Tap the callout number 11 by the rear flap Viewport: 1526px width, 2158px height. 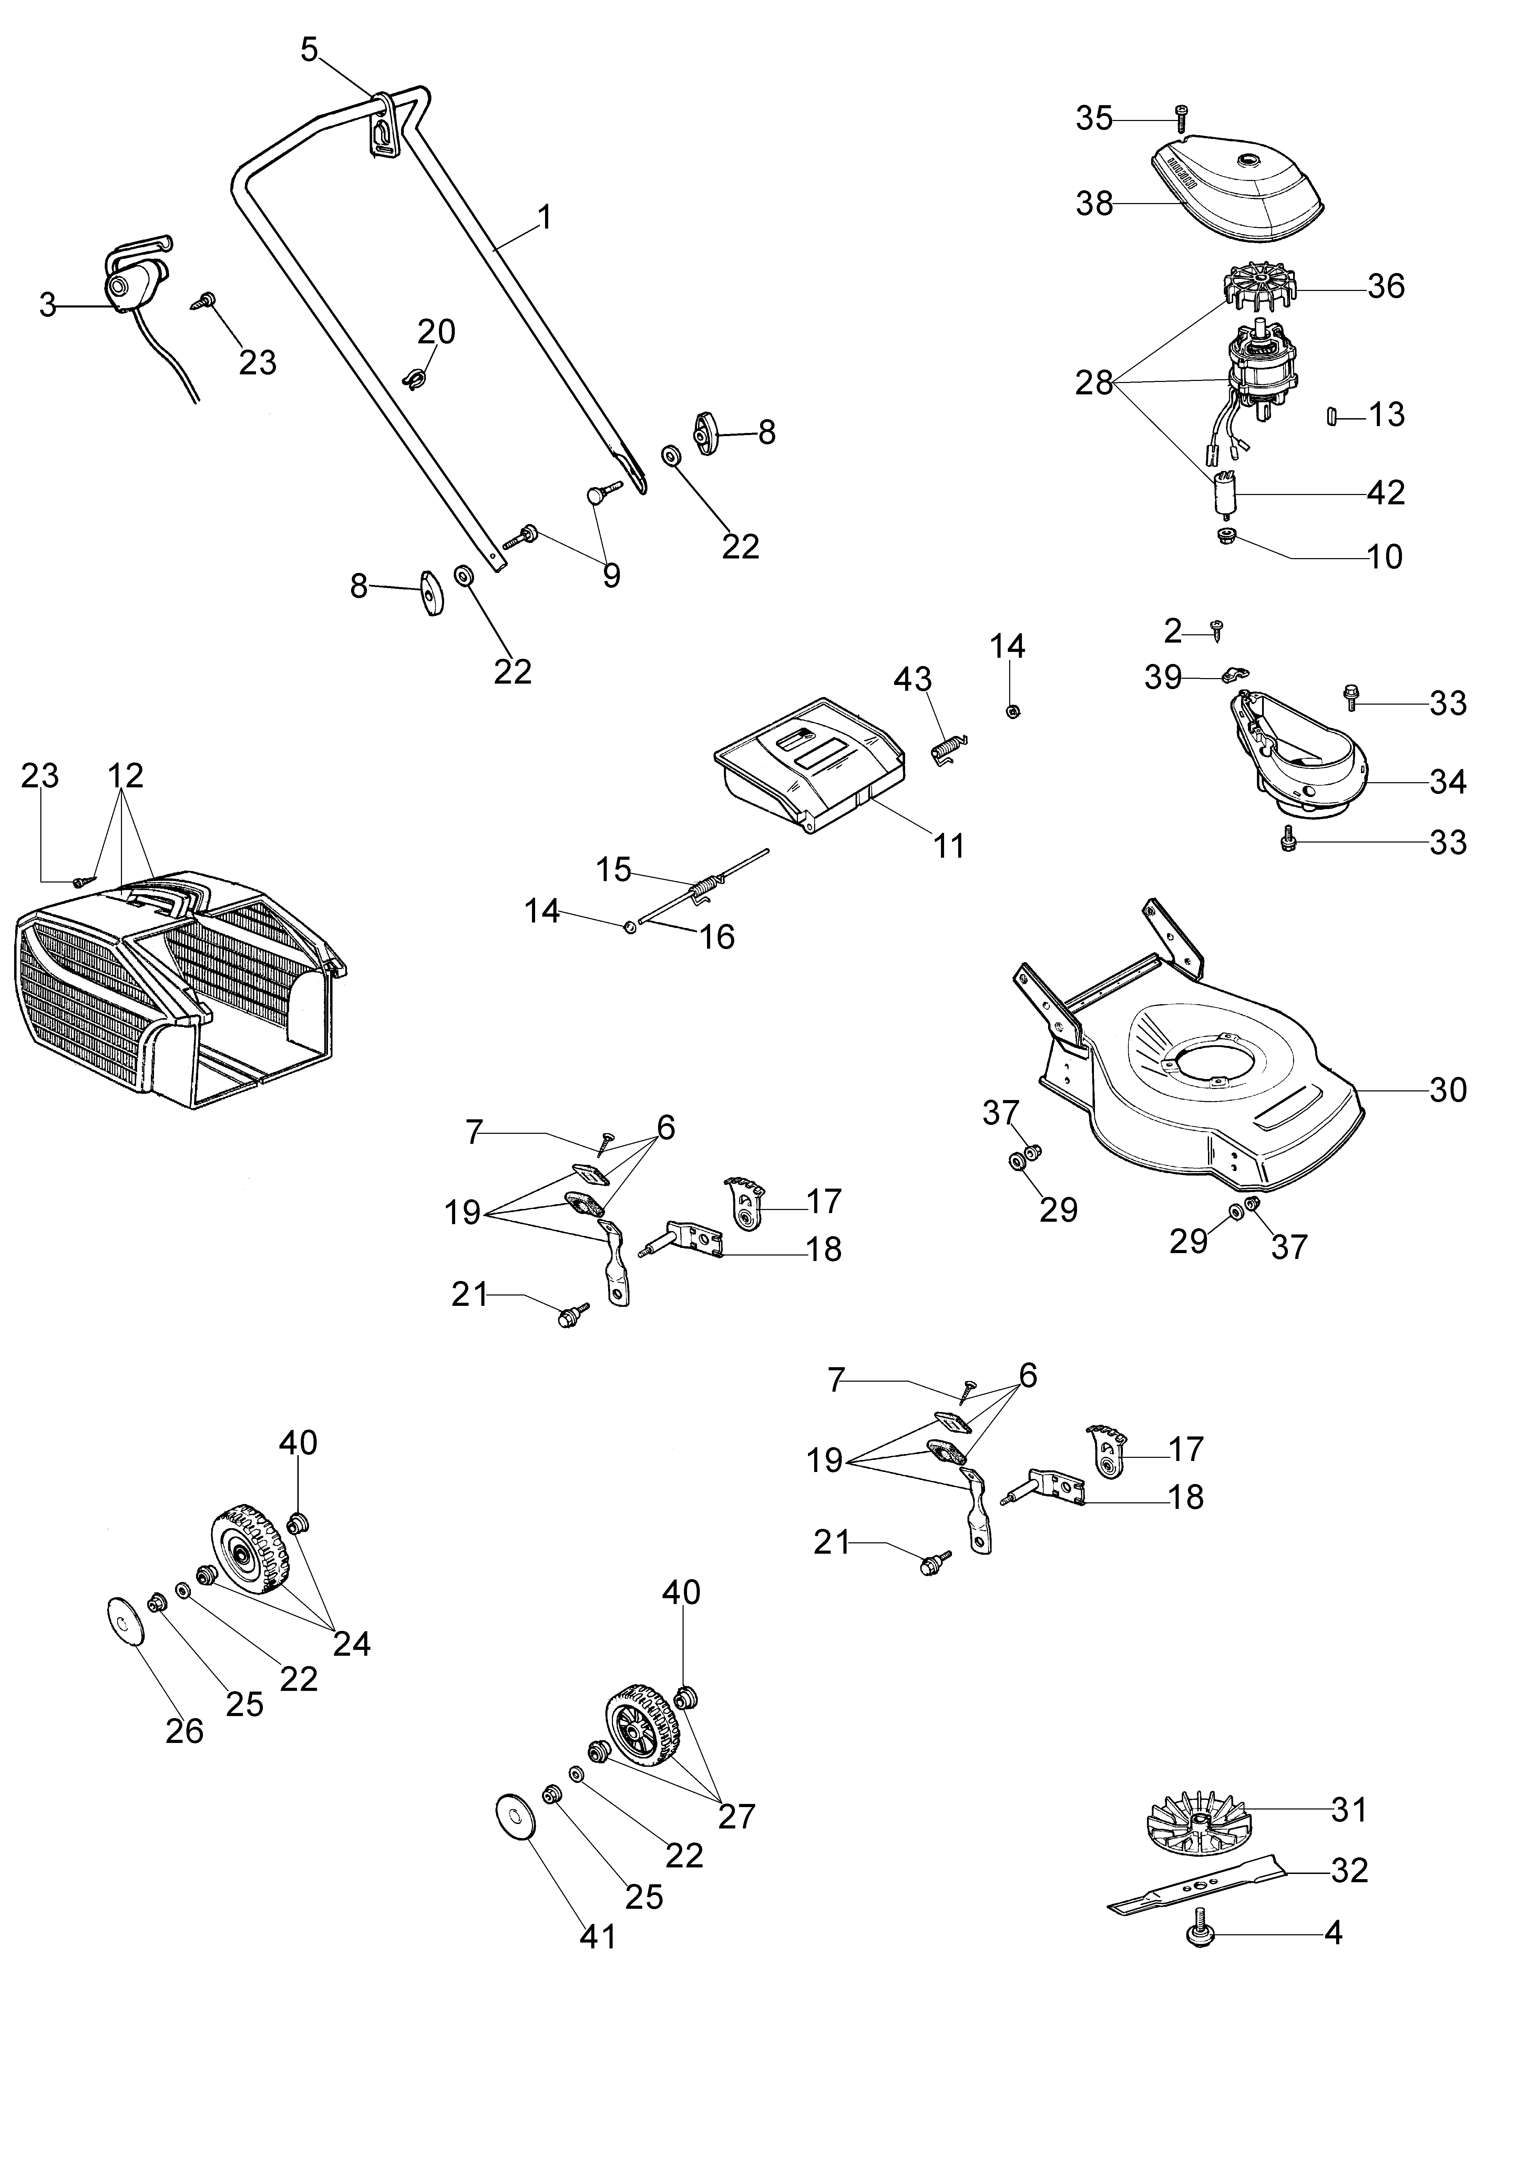(949, 846)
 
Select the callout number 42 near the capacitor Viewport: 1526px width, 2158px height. (1386, 493)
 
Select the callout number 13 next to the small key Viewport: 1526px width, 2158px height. (1387, 414)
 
